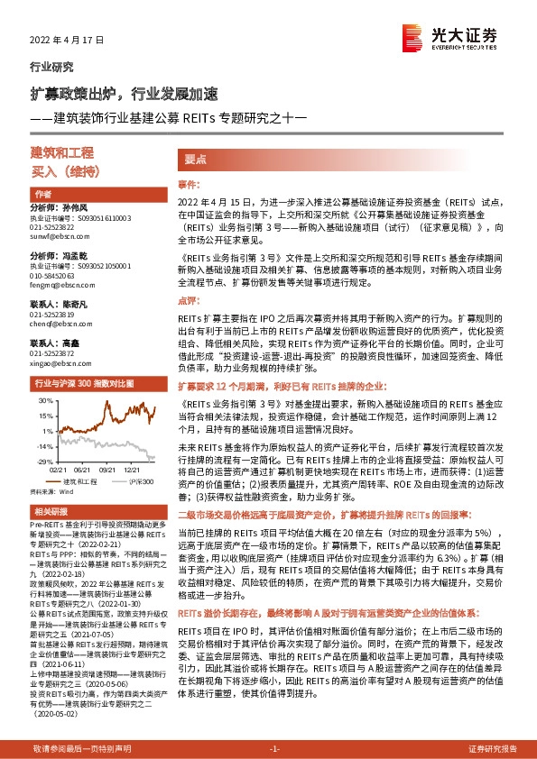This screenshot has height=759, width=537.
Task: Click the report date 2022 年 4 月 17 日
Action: [68, 41]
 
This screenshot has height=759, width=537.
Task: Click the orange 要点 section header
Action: [196, 158]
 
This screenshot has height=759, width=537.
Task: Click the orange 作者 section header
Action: [43, 194]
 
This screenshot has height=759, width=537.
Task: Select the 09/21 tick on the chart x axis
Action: [110, 470]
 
